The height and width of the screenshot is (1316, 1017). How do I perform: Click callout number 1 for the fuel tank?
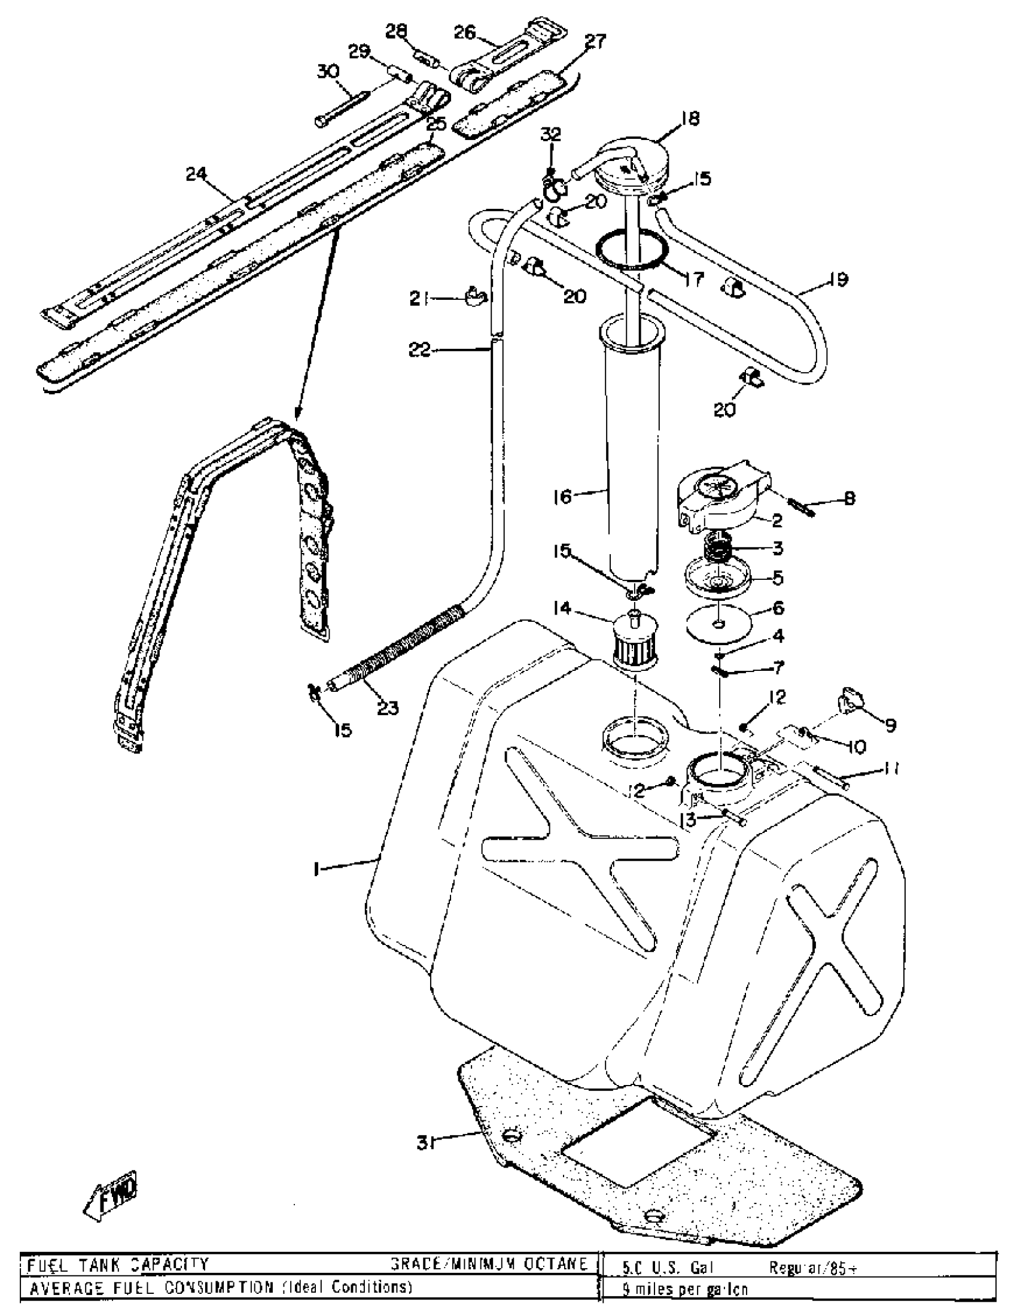[x=316, y=868]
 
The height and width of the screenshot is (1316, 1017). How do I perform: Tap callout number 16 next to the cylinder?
[x=562, y=497]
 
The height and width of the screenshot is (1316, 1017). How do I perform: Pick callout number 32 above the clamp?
[x=549, y=135]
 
